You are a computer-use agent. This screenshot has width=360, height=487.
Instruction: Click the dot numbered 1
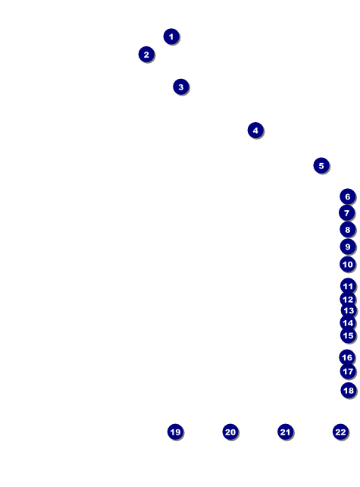171,36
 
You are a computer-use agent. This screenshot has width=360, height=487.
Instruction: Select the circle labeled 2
146,55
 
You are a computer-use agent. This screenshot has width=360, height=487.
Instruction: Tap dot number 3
181,87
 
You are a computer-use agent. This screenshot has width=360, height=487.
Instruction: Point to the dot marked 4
255,130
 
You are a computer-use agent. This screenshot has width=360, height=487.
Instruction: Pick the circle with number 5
321,165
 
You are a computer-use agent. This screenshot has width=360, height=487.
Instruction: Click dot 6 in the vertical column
348,196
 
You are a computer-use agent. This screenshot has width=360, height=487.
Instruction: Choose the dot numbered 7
346,213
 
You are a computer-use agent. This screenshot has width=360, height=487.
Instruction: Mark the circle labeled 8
348,230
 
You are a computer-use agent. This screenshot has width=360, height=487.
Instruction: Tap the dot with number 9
348,247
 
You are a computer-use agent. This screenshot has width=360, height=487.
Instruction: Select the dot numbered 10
348,264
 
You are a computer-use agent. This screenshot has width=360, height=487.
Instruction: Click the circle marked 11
348,286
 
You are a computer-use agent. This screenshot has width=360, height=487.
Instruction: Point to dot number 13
349,310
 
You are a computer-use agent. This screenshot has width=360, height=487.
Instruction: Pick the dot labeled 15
348,335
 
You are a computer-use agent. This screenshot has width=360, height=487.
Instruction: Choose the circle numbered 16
347,357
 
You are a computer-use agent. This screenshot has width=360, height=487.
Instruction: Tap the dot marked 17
348,372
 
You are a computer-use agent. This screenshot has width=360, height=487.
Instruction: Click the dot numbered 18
349,391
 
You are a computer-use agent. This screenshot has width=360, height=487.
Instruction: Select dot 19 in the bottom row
175,432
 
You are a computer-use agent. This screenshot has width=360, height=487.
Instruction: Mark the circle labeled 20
230,432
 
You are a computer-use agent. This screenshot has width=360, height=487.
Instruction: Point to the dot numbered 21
285,432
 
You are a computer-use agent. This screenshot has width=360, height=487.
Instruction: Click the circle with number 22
340,432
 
